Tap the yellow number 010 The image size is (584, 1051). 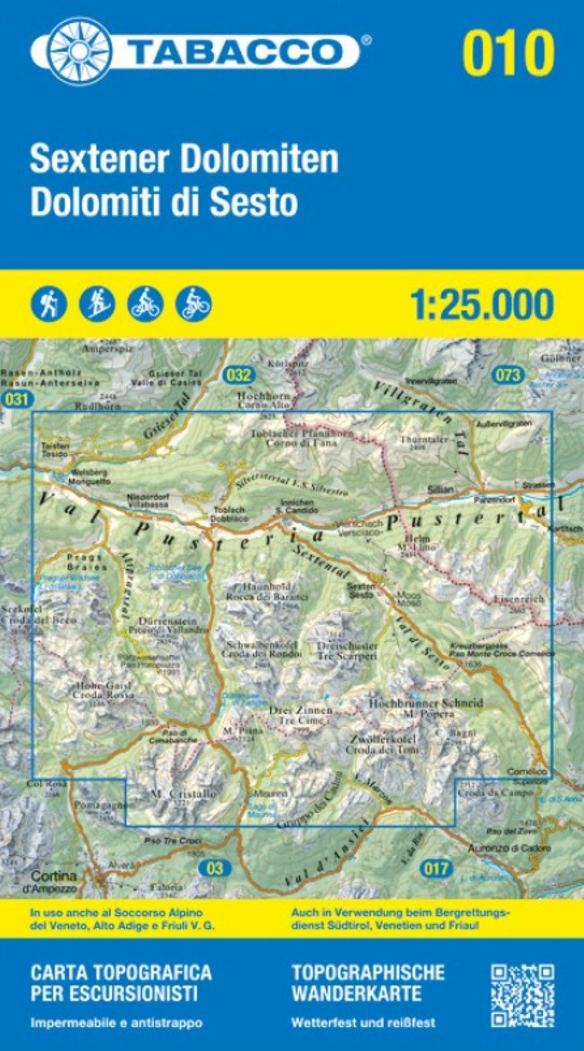[508, 53]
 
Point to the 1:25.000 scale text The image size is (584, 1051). [482, 305]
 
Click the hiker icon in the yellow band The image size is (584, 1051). [50, 303]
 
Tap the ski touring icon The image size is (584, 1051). [96, 303]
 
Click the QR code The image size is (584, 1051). [522, 996]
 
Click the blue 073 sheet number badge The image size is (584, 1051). [508, 376]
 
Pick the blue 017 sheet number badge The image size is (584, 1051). [436, 868]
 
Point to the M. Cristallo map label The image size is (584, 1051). [173, 794]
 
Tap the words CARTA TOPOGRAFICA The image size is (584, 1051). [121, 972]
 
